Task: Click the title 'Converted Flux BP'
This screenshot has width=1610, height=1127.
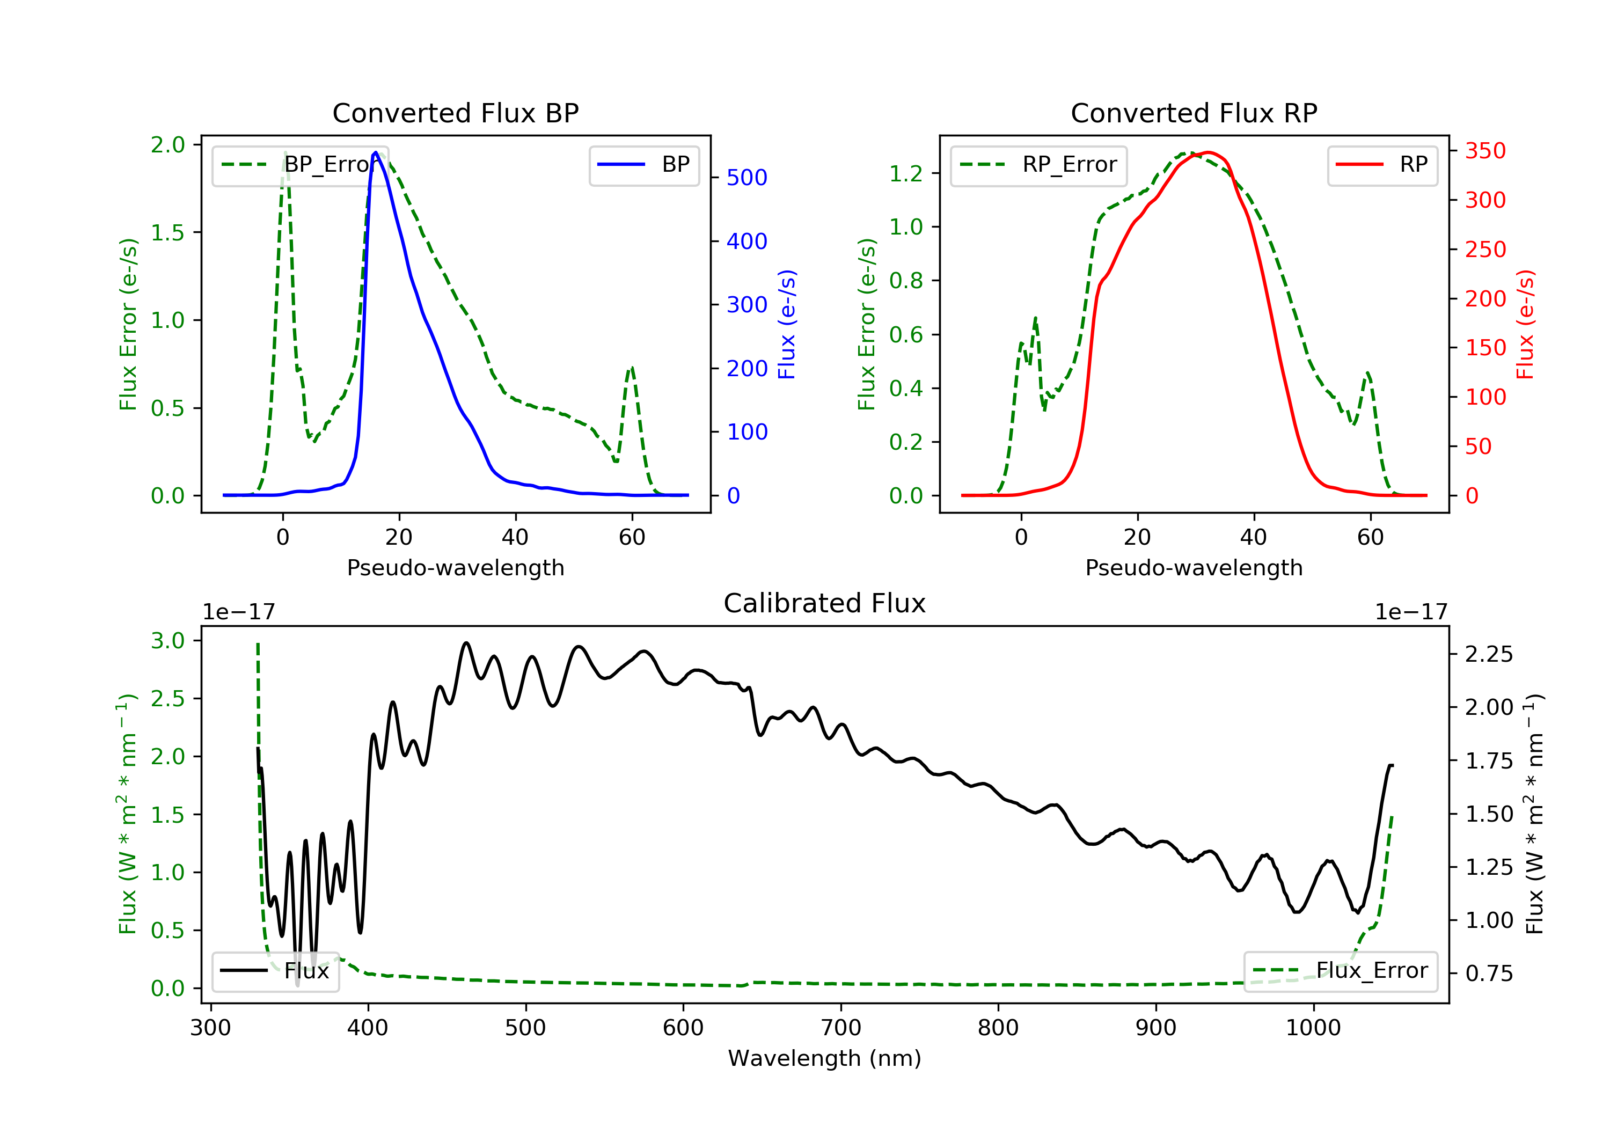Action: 455,113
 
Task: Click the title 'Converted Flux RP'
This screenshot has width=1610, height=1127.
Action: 1194,113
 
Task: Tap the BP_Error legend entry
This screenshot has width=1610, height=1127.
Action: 300,165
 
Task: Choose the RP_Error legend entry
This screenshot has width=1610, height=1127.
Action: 1038,165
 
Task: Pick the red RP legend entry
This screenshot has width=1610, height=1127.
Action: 1382,165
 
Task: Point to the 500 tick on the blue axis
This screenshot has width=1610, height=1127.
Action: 747,178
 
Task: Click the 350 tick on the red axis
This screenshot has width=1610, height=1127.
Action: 1485,151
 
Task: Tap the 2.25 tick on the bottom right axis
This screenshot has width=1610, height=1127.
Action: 1489,654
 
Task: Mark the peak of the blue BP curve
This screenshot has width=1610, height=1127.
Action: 376,152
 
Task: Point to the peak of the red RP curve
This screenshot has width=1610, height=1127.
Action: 1207,152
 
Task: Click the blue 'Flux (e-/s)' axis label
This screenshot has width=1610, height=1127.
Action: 787,324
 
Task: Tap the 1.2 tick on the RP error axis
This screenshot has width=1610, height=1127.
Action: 905,173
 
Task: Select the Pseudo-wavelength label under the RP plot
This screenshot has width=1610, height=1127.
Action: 1194,567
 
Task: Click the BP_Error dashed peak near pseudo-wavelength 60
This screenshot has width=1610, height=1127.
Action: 632,368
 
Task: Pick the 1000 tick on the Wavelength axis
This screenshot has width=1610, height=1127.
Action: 1313,1028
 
